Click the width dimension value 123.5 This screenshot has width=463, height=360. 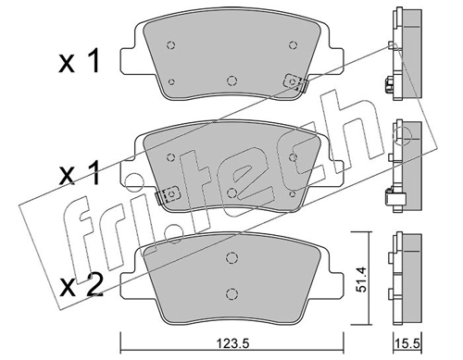pyautogui.click(x=232, y=343)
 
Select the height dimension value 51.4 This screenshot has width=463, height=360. pyautogui.click(x=361, y=279)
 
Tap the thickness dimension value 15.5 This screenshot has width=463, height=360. pyautogui.click(x=408, y=343)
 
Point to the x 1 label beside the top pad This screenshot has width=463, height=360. pyautogui.click(x=80, y=62)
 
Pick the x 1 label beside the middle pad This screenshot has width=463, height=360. pyautogui.click(x=80, y=173)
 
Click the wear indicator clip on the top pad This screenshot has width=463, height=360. pyautogui.click(x=295, y=82)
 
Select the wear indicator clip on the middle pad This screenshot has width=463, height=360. pyautogui.click(x=167, y=195)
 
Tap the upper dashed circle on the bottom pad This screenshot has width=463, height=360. pyautogui.click(x=231, y=257)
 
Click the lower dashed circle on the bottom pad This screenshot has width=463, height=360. pyautogui.click(x=231, y=293)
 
